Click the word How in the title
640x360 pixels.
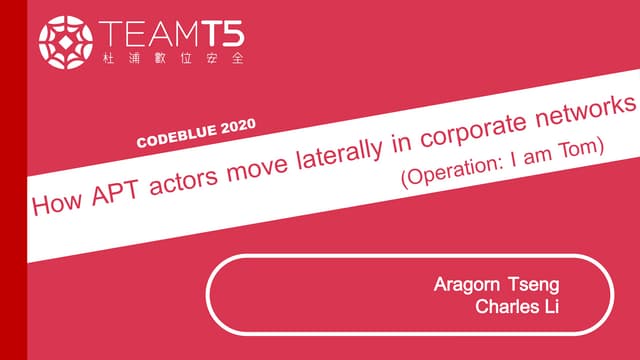[56, 203]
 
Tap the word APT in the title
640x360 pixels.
[116, 191]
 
